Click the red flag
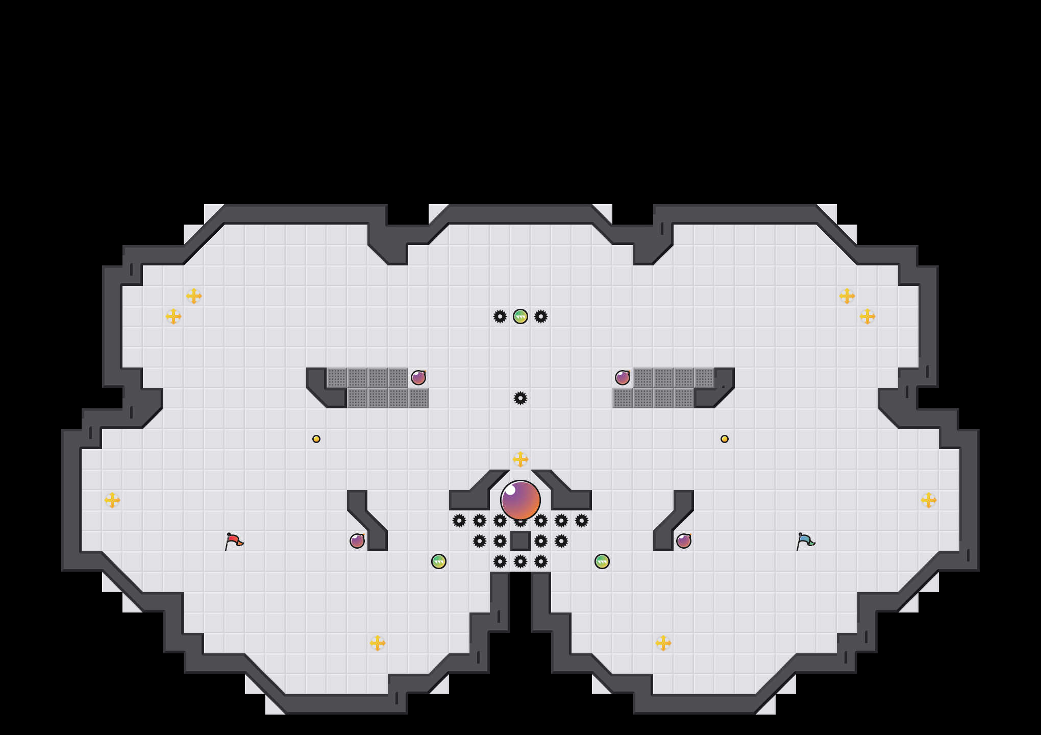[234, 541]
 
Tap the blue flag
[805, 541]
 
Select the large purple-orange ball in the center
[520, 500]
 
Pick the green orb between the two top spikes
[520, 316]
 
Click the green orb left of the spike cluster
[439, 561]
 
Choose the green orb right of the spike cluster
[602, 561]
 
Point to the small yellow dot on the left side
[316, 439]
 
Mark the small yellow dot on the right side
[725, 439]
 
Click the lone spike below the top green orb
[520, 398]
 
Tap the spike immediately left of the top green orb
[500, 316]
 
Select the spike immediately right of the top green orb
[541, 316]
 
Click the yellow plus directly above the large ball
[520, 459]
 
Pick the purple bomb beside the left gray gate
[418, 378]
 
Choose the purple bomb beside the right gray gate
[623, 378]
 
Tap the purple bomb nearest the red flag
[357, 541]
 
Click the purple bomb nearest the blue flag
[684, 541]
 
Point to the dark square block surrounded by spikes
[520, 541]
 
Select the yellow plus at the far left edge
[112, 500]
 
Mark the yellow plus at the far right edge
[929, 500]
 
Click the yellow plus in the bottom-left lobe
[378, 643]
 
